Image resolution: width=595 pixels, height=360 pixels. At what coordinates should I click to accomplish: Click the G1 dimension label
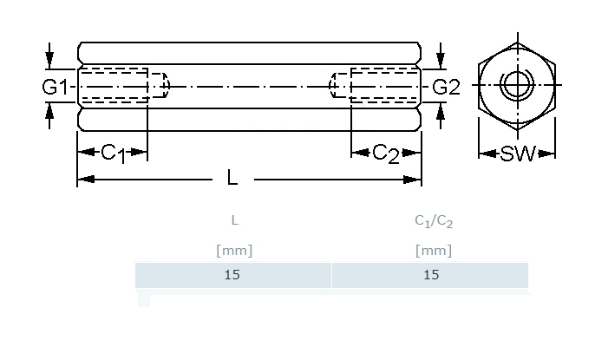[56, 87]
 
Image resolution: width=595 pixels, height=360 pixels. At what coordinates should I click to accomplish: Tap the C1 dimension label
[112, 154]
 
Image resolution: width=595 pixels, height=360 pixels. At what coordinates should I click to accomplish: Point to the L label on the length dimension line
[232, 179]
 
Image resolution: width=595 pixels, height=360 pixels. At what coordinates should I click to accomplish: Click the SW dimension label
[518, 154]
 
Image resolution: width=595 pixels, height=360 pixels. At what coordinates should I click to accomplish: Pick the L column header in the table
[233, 221]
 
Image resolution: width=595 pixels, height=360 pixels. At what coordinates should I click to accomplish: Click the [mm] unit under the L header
[233, 251]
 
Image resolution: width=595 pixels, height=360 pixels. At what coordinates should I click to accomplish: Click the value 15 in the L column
[232, 275]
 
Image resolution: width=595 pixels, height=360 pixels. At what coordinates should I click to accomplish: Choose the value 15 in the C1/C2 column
[432, 275]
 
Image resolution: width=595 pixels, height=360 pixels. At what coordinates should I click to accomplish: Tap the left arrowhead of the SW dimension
[485, 154]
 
